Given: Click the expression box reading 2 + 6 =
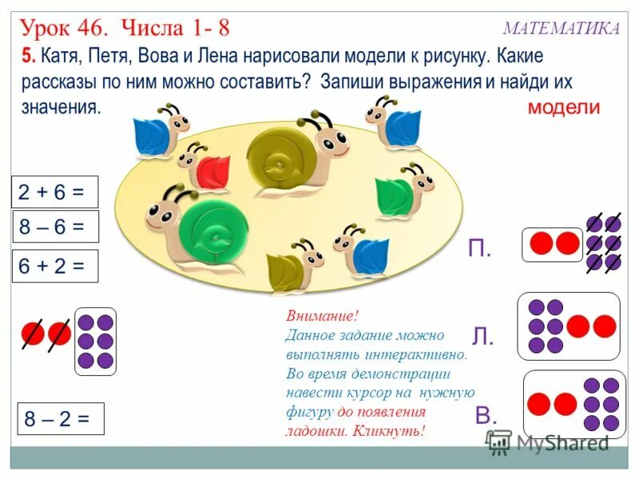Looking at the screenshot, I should pyautogui.click(x=54, y=192).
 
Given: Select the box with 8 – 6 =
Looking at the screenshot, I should pyautogui.click(x=54, y=227).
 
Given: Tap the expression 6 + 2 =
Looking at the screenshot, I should pyautogui.click(x=54, y=266).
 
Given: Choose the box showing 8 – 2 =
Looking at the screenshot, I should pyautogui.click(x=61, y=418).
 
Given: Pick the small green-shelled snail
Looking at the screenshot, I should pyautogui.click(x=399, y=192).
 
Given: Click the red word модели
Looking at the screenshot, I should pyautogui.click(x=563, y=108).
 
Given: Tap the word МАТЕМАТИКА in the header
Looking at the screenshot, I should pyautogui.click(x=561, y=29).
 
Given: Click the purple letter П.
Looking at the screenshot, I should pyautogui.click(x=479, y=249).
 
